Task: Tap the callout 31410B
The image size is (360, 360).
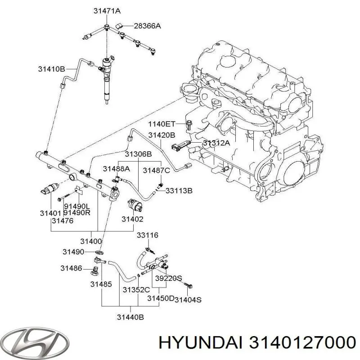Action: [x=51, y=69]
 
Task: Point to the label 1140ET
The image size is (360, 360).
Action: [x=161, y=123]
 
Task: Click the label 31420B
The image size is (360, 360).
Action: [x=162, y=135]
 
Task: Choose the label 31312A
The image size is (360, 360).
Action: [x=216, y=143]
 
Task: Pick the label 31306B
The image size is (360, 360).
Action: [x=138, y=154]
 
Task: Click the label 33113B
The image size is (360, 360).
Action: [x=179, y=191]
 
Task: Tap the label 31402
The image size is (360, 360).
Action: [x=132, y=219]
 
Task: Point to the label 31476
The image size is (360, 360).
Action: [x=63, y=220]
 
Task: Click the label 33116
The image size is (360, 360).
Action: [x=148, y=235]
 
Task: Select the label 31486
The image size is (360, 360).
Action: [x=72, y=268]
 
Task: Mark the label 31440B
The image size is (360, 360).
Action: [x=130, y=317]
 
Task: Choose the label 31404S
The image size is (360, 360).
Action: [x=188, y=299]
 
